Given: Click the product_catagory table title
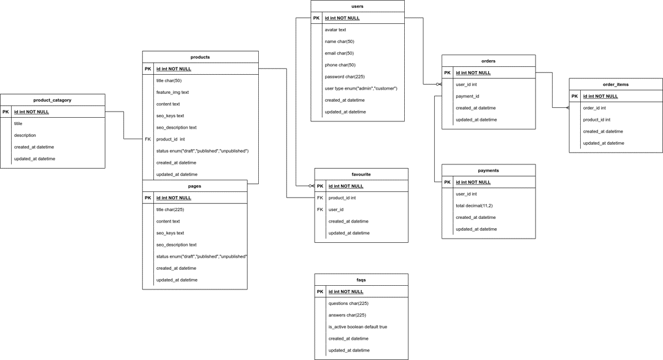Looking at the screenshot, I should [x=52, y=100].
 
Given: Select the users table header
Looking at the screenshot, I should [x=357, y=6].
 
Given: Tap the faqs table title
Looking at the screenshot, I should [x=361, y=280].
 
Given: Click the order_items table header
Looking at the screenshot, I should [x=615, y=85].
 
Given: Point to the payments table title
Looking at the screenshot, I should [x=488, y=170].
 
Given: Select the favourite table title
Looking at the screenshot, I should [x=361, y=174].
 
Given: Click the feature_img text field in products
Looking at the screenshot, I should [x=172, y=93].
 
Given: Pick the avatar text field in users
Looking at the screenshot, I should [x=335, y=30].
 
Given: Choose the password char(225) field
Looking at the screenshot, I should [x=345, y=77].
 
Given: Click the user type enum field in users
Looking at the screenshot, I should [x=361, y=88].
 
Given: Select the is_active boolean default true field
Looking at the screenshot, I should [x=358, y=327].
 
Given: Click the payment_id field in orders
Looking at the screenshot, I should [x=467, y=96].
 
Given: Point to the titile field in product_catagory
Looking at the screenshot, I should [x=18, y=124].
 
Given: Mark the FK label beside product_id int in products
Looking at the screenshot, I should [x=148, y=139].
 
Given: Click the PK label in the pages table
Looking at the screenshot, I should [x=148, y=198].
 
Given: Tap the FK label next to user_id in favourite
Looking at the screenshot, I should [x=320, y=210].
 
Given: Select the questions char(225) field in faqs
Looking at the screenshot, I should [x=348, y=304].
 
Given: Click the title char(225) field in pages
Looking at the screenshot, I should [x=170, y=210].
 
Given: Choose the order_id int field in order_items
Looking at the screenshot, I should [x=594, y=108].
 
